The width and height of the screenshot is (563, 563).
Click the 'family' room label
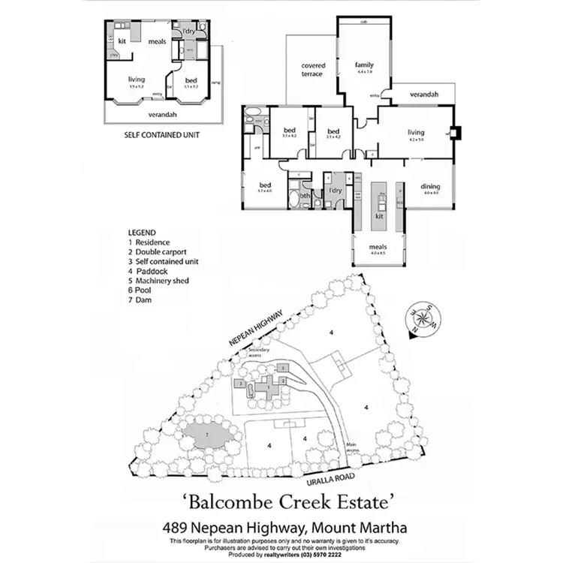tap(363, 65)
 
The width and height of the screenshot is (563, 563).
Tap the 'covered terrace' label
tap(312, 70)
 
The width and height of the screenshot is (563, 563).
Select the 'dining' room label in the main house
tap(430, 187)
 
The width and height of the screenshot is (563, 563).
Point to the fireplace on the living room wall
tap(454, 134)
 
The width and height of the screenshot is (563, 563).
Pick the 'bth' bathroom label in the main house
tap(305, 197)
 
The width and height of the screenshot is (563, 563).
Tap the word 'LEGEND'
tap(142, 233)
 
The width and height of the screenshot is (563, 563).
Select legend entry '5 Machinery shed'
tap(158, 280)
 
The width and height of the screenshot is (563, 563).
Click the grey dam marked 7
tap(205, 435)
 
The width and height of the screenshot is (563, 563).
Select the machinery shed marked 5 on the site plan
tap(283, 368)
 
